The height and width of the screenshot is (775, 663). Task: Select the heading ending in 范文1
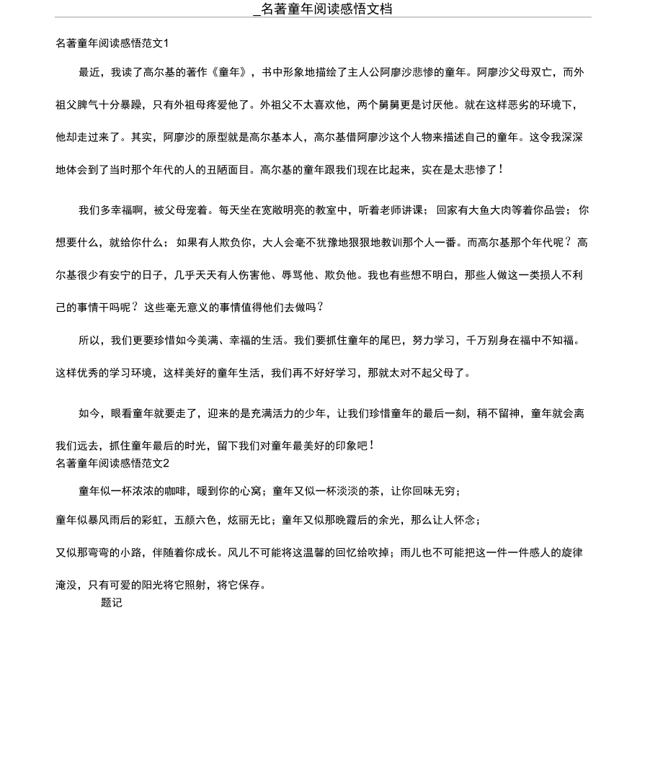pyautogui.click(x=112, y=43)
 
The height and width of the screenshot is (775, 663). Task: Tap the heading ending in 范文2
pyautogui.click(x=112, y=463)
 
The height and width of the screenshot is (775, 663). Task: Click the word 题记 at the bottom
pyautogui.click(x=112, y=603)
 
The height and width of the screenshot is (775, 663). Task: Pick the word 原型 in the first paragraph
pyautogui.click(x=206, y=137)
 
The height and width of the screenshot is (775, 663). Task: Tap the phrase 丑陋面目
pyautogui.click(x=233, y=169)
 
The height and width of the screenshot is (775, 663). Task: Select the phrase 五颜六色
pyautogui.click(x=195, y=520)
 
